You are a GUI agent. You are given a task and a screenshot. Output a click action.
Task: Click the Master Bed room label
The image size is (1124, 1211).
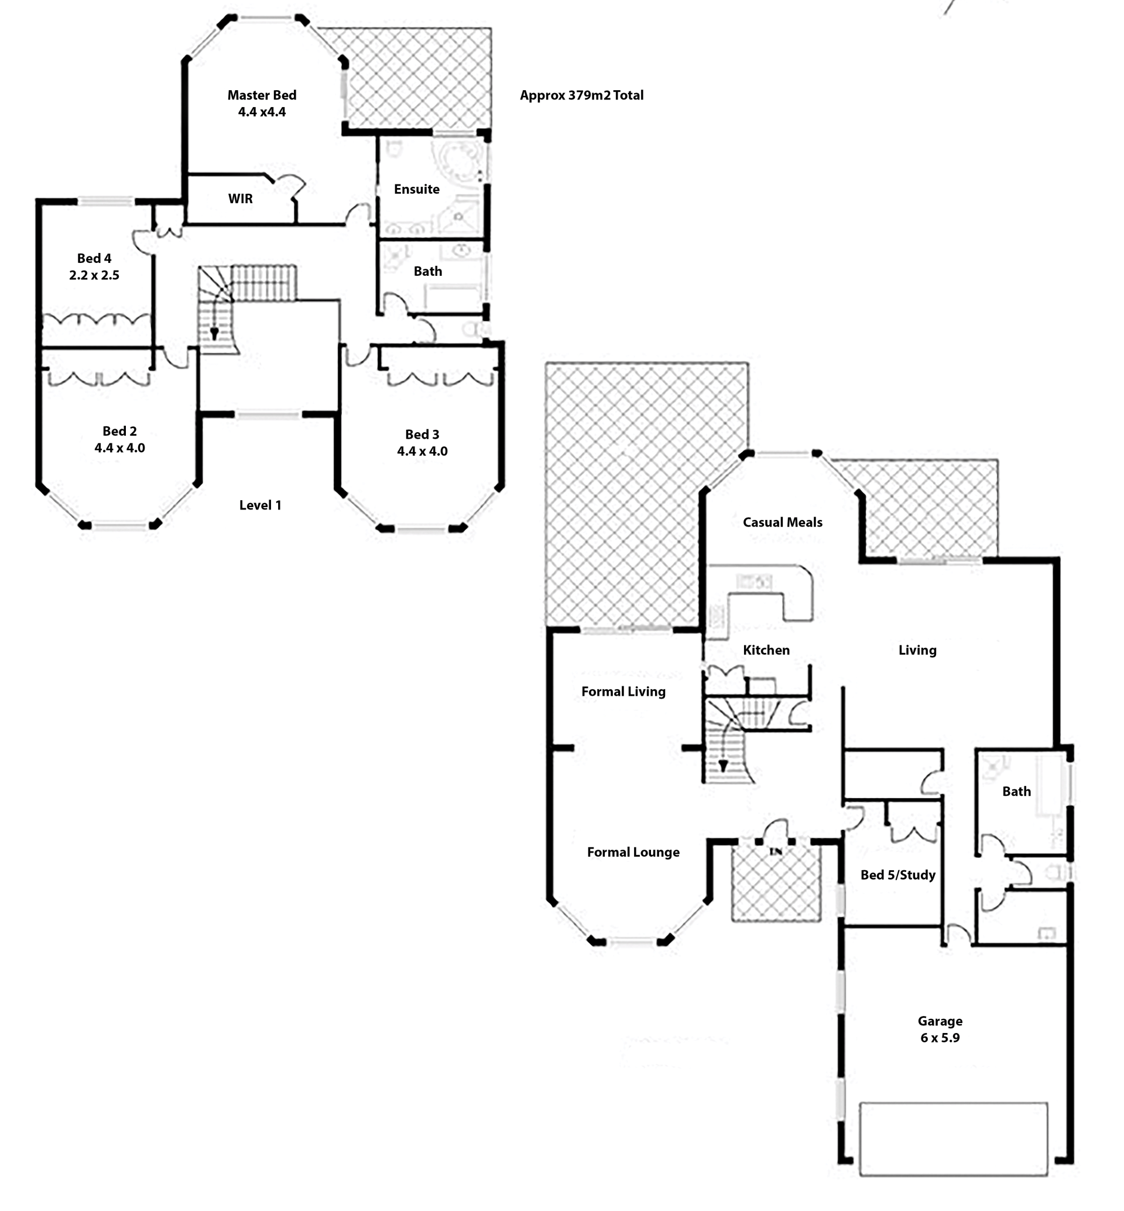[262, 95]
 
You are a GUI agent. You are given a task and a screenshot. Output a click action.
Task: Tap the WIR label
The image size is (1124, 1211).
[240, 199]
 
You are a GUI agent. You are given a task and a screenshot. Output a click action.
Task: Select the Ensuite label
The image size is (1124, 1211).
[417, 189]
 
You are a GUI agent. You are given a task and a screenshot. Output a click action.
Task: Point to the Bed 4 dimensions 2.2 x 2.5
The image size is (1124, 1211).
[94, 275]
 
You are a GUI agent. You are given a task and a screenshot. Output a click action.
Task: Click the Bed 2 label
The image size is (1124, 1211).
[119, 431]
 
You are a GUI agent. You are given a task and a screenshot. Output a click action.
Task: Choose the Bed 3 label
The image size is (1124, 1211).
[422, 435]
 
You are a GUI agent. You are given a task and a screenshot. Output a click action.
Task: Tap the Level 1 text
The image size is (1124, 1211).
[261, 505]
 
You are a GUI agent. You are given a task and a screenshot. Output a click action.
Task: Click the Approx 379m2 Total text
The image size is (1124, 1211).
[581, 95]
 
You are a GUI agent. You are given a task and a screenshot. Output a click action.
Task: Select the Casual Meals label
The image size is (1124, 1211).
[782, 522]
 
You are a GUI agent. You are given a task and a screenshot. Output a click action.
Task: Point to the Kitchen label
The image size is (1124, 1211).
[766, 650]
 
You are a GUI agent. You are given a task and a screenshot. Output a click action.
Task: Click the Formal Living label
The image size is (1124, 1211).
[623, 692]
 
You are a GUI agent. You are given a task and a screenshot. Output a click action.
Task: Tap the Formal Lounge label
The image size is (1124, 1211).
[633, 852]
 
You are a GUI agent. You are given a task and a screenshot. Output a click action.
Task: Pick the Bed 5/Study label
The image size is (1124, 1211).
[898, 874]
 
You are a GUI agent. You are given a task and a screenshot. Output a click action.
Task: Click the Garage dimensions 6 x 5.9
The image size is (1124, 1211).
[940, 1038]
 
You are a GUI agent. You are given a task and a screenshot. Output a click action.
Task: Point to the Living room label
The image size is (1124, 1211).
[917, 650]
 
